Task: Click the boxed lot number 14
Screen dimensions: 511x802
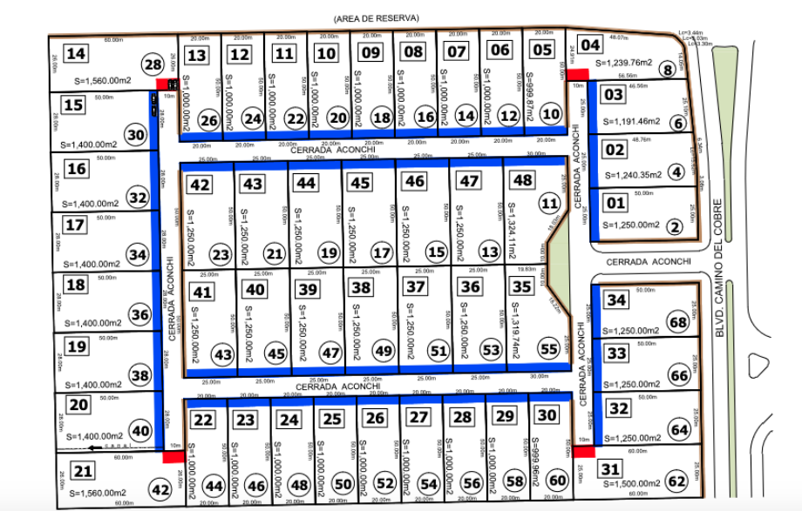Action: [x=77, y=54]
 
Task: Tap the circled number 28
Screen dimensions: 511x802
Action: [x=153, y=65]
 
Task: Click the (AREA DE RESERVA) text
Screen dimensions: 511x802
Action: [x=377, y=18]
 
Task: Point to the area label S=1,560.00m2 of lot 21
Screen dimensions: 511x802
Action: [x=97, y=493]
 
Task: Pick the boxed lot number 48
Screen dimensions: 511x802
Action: [x=523, y=180]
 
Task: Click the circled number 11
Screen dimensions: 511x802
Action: [x=548, y=204]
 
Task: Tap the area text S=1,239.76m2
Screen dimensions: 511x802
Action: [x=624, y=63]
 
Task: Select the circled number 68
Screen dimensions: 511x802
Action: [x=678, y=323]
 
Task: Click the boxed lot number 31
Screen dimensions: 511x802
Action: [x=609, y=469]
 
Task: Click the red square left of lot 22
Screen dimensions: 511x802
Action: [x=170, y=455]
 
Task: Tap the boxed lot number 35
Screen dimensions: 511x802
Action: [x=522, y=286]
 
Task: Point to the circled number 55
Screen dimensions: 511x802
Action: [x=548, y=349]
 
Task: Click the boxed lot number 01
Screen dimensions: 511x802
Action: [x=616, y=204]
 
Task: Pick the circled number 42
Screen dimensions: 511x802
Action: [x=160, y=488]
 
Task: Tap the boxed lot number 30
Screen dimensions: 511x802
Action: [x=547, y=417]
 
